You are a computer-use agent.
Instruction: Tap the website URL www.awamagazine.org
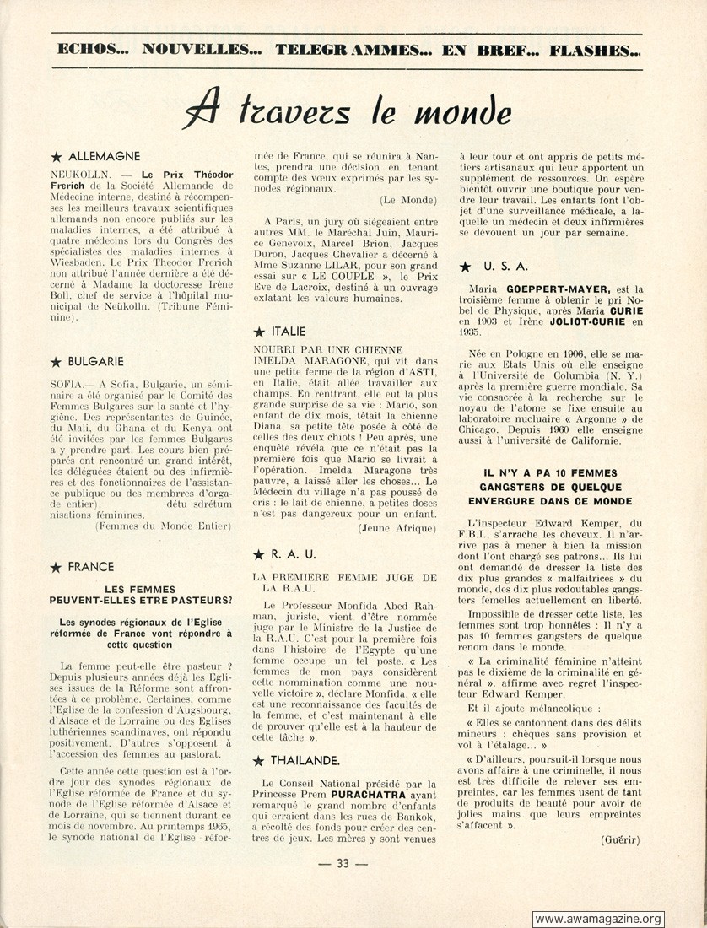click(598, 919)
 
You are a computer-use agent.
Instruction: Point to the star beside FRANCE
click(57, 567)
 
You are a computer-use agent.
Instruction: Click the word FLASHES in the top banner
click(595, 49)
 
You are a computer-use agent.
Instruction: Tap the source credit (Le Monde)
click(407, 199)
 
